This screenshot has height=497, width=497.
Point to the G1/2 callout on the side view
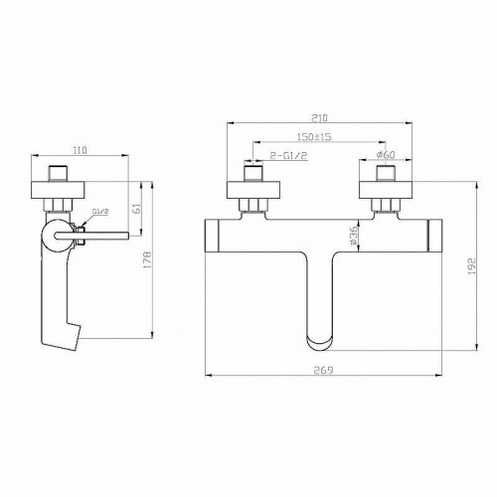(99, 213)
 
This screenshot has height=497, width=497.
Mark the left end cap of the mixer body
(214, 237)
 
